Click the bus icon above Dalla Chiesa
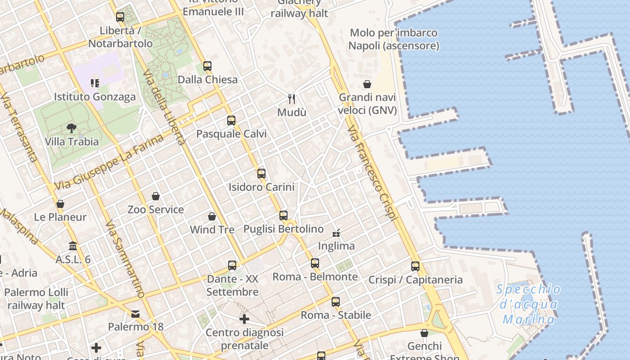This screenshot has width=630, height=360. click(207, 66)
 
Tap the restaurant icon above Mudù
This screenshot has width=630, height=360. click(292, 99)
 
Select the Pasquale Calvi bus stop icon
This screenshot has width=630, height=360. click(231, 121)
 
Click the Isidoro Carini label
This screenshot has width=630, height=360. click(261, 187)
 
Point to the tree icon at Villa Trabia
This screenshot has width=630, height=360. click(71, 128)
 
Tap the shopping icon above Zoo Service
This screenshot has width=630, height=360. click(156, 196)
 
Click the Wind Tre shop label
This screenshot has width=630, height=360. click(212, 229)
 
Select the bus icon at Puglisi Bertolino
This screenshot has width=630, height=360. click(283, 216)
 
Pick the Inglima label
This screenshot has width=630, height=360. click(336, 246)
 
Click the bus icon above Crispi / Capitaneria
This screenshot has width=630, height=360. click(415, 266)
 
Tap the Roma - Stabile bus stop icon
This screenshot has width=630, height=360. click(336, 302)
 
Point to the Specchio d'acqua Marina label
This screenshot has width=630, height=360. click(529, 304)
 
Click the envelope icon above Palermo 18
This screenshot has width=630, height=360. click(135, 314)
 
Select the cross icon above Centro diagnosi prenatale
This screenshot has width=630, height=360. click(244, 319)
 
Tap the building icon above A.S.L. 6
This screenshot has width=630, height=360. click(73, 246)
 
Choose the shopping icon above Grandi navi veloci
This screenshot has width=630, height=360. click(367, 84)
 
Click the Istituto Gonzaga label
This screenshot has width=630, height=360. click(94, 97)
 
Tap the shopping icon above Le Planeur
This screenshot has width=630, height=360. click(60, 204)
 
